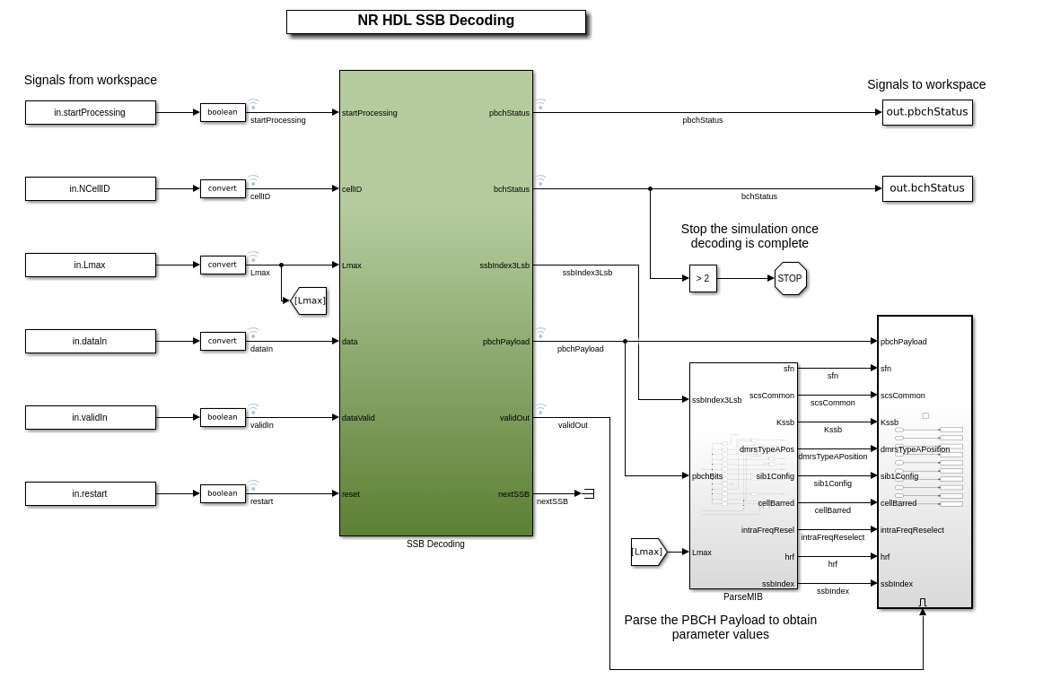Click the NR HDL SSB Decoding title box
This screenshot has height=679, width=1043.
pyautogui.click(x=435, y=22)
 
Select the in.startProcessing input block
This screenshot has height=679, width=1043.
pyautogui.click(x=90, y=112)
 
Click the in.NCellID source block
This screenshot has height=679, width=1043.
pyautogui.click(x=90, y=188)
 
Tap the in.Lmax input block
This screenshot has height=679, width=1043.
pyautogui.click(x=90, y=265)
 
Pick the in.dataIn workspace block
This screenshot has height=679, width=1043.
pyautogui.click(x=90, y=341)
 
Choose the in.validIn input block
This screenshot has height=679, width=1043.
pyautogui.click(x=90, y=417)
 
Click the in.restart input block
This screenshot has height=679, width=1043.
pyautogui.click(x=90, y=493)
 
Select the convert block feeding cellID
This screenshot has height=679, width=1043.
pyautogui.click(x=223, y=188)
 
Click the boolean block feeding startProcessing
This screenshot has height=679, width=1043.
pyautogui.click(x=223, y=112)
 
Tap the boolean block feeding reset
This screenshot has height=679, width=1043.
pyautogui.click(x=223, y=493)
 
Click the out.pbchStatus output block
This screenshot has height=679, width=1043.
pyautogui.click(x=927, y=112)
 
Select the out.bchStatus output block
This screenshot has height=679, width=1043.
pyautogui.click(x=927, y=188)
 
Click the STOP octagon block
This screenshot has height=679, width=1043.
pyautogui.click(x=790, y=278)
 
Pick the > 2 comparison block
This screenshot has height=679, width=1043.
pyautogui.click(x=703, y=278)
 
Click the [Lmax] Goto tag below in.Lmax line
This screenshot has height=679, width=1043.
pyautogui.click(x=309, y=300)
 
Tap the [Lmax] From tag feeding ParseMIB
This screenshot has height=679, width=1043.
pyautogui.click(x=648, y=552)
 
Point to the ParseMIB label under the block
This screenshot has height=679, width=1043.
pyautogui.click(x=742, y=596)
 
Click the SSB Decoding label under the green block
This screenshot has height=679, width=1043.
pyautogui.click(x=435, y=544)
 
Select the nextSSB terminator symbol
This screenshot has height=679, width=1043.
pyautogui.click(x=589, y=493)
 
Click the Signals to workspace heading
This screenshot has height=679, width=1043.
pyautogui.click(x=926, y=84)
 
